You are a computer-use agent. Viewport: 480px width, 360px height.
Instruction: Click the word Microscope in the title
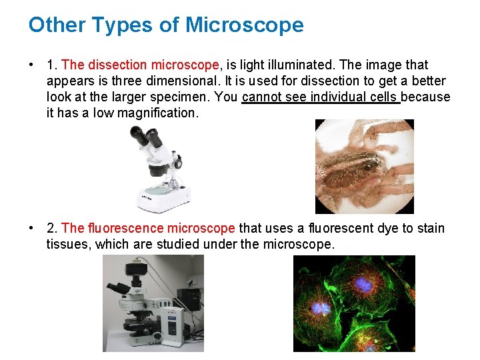coord(245,25)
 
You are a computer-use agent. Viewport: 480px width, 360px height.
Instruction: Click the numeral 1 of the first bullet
coord(51,65)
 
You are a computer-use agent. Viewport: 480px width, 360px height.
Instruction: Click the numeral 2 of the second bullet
coord(51,229)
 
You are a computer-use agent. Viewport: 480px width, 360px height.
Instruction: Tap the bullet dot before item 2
coord(31,229)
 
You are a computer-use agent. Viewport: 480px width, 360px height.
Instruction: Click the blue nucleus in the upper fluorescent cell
coord(364,285)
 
